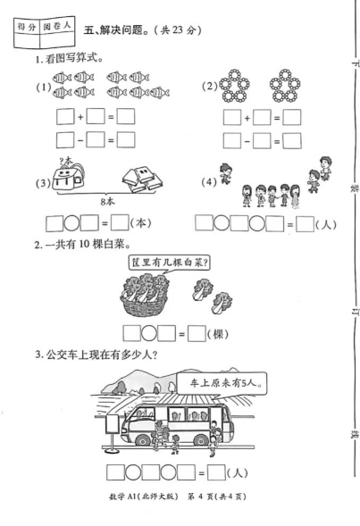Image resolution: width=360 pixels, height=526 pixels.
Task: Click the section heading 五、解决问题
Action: click(x=116, y=30)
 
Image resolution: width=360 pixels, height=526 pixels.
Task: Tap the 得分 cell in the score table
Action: click(x=27, y=27)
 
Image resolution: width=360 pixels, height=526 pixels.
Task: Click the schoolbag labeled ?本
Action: click(x=69, y=177)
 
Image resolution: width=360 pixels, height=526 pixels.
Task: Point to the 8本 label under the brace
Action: click(x=107, y=201)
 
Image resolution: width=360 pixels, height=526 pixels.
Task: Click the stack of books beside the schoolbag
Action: click(x=142, y=179)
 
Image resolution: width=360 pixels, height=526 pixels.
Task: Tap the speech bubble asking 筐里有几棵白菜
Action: click(x=169, y=263)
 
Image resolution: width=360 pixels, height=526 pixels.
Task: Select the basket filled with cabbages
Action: click(x=145, y=296)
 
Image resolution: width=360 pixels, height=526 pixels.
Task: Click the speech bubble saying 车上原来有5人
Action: click(x=222, y=383)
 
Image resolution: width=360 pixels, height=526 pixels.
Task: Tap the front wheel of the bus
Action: click(x=143, y=439)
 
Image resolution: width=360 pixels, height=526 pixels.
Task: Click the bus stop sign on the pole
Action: click(x=112, y=424)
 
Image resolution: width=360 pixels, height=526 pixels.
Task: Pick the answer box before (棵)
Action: click(x=197, y=334)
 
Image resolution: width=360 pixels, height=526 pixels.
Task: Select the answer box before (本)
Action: click(x=120, y=222)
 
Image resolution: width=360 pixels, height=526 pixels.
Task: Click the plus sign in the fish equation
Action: click(x=80, y=118)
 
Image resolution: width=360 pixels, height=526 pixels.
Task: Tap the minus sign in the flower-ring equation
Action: click(x=247, y=141)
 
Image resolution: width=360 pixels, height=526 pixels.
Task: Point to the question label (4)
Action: click(x=209, y=182)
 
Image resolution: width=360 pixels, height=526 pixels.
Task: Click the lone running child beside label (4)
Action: click(x=225, y=174)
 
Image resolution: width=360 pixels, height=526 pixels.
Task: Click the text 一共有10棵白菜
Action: click(x=82, y=245)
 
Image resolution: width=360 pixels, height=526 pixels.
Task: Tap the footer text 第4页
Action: click(x=200, y=497)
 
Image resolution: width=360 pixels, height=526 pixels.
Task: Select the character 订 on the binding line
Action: click(x=354, y=312)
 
